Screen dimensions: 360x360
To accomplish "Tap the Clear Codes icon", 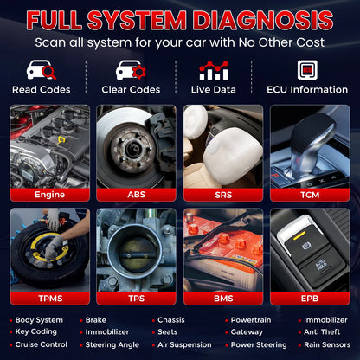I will point(130,70).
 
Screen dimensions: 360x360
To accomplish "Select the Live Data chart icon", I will point(213,70).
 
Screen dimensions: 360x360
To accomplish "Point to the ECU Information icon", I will point(305,70).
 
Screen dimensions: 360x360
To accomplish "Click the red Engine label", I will point(49,195).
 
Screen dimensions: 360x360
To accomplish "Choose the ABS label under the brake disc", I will point(136,195).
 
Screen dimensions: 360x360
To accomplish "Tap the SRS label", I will point(223,195).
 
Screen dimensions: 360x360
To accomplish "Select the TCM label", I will point(310,195).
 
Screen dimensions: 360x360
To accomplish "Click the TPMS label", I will point(49,298).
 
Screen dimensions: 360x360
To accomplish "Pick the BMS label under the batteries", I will point(223,298).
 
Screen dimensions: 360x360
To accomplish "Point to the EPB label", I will point(310,298).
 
